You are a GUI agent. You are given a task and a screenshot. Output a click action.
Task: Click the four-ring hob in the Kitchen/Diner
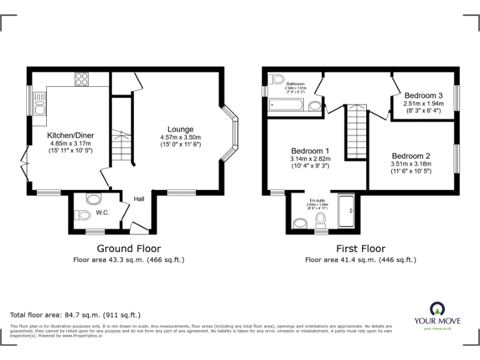point(81,79)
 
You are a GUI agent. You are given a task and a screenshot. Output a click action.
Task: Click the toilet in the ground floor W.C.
point(82,215)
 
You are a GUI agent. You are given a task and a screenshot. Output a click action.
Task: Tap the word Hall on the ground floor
point(139,199)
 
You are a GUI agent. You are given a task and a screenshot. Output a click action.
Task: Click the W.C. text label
point(103,213)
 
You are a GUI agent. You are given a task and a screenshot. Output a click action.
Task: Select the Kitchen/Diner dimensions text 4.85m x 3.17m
point(70,142)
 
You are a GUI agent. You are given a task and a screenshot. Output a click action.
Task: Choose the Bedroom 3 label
point(423,95)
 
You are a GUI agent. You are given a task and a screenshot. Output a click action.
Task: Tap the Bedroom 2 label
point(411,156)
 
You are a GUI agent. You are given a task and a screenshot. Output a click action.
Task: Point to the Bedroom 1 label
point(311,151)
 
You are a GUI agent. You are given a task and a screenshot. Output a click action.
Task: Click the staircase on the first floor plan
point(356,132)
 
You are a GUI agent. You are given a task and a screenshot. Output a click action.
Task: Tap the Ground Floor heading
point(129,248)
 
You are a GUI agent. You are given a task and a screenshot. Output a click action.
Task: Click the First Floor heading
point(360,248)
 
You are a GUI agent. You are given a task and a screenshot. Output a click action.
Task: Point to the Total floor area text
point(76,315)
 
